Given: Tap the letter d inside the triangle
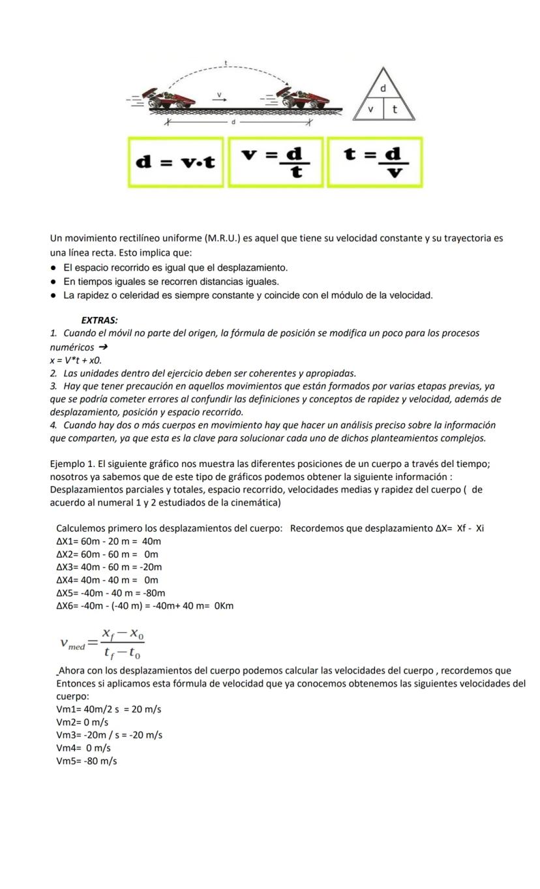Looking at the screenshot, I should pos(383,87).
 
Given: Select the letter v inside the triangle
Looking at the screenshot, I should pos(370,109).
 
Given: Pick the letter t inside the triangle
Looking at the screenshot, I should pos(395,110).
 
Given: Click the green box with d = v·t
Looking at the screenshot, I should pos(175,162).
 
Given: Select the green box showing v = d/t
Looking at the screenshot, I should pos(275,162).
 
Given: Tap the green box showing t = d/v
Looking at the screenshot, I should pos(374,162).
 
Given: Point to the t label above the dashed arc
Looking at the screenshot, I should pos(226,63).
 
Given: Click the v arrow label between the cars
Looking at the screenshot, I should pos(220,97).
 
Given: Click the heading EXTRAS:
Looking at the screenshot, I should pos(99,320).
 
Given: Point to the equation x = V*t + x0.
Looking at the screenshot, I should pos(76,360).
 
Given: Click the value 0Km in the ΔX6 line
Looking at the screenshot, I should pos(223,606).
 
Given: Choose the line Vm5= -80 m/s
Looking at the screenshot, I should pos(87,761).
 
